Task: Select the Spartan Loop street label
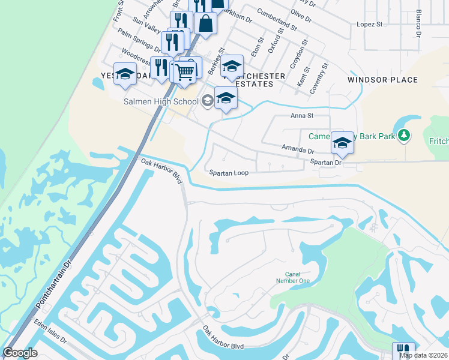click(228, 173)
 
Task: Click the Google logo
click(20, 353)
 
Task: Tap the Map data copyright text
click(424, 355)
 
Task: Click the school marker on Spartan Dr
click(342, 142)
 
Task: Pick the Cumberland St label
click(277, 19)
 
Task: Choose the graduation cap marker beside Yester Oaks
click(125, 73)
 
